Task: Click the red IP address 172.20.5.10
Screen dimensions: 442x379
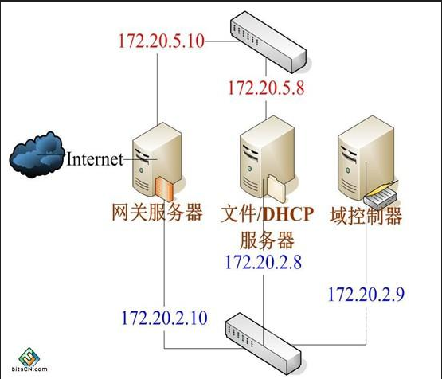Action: (162, 41)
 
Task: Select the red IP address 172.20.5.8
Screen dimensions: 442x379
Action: (266, 88)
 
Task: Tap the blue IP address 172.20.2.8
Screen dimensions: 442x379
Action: (264, 262)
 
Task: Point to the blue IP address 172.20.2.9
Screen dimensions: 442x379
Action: (366, 295)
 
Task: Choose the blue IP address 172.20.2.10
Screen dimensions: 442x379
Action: (164, 318)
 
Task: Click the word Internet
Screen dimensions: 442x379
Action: (95, 159)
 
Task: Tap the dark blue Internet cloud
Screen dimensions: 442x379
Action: (37, 154)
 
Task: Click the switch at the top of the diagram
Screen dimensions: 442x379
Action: (268, 41)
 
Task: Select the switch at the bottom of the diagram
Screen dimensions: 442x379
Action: (263, 343)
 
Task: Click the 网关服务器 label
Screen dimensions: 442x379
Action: (158, 212)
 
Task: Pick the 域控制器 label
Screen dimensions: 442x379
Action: (366, 216)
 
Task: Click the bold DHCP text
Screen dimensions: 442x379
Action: (288, 214)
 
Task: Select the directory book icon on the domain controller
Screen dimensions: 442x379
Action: (381, 194)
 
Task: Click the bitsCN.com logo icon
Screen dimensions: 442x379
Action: (29, 356)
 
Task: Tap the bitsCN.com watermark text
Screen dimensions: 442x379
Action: (29, 369)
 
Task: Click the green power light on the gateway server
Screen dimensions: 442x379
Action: (141, 170)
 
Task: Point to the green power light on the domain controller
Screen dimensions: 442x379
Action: (347, 170)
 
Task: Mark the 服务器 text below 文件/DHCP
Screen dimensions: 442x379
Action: (267, 240)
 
